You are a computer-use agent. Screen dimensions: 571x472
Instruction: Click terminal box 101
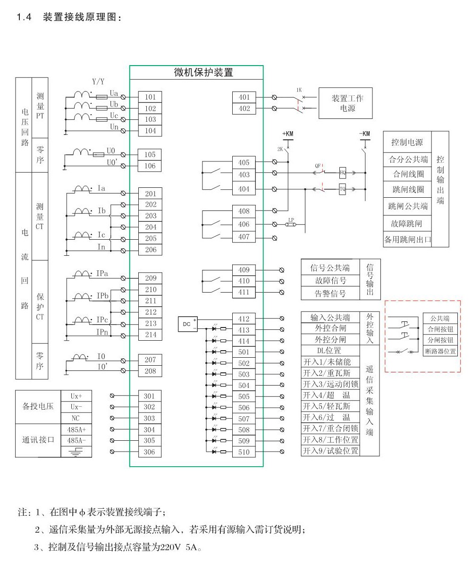pyautogui.click(x=150, y=97)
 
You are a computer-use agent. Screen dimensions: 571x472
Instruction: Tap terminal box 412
pyautogui.click(x=244, y=319)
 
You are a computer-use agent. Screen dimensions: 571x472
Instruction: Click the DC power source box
pyautogui.click(x=187, y=324)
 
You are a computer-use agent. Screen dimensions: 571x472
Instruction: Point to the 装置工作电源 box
pyautogui.click(x=347, y=103)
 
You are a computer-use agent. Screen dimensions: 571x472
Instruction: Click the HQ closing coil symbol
pyautogui.click(x=343, y=173)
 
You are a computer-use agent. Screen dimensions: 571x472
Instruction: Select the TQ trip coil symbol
pyautogui.click(x=343, y=189)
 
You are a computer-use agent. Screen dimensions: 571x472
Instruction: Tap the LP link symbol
pyautogui.click(x=291, y=224)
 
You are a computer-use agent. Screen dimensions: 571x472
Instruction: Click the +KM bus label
pyautogui.click(x=287, y=134)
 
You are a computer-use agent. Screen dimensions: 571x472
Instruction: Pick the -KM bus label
pyautogui.click(x=365, y=134)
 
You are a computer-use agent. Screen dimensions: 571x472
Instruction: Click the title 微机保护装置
pyautogui.click(x=197, y=73)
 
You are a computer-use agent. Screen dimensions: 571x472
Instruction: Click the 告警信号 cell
pyautogui.click(x=330, y=294)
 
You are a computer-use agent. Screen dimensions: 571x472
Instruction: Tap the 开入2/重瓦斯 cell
pyautogui.click(x=330, y=373)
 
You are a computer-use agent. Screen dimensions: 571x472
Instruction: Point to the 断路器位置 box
pyautogui.click(x=440, y=351)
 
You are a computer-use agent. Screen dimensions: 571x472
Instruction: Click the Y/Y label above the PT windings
pyautogui.click(x=98, y=82)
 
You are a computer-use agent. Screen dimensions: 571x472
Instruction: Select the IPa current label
pyautogui.click(x=102, y=273)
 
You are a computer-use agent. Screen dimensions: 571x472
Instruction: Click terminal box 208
pyautogui.click(x=150, y=371)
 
